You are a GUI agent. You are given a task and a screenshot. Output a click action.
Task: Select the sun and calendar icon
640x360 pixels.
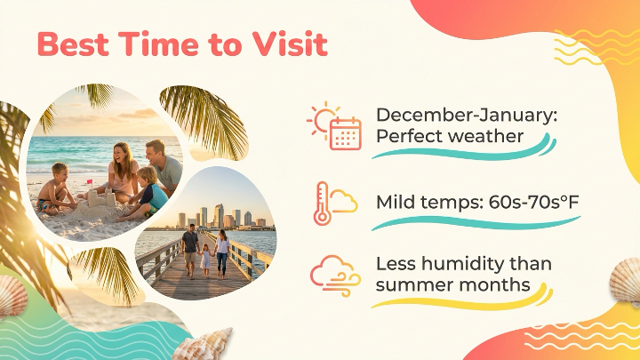coord(335,126)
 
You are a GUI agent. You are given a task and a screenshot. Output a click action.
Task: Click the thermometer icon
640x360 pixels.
coord(322,204)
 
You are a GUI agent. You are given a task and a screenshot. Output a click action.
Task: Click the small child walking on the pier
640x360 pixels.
coord(205,258)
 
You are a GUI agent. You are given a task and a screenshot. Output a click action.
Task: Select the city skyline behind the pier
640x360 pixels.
coord(218,217)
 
